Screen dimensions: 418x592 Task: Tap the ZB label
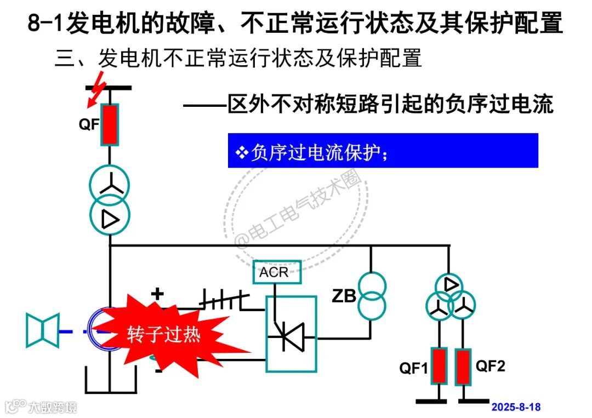[344, 296]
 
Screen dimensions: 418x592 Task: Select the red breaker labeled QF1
[439, 366]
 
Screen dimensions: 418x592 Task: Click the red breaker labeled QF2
[464, 366]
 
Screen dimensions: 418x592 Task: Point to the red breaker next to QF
[110, 124]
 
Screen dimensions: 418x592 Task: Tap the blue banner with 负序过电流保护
[383, 151]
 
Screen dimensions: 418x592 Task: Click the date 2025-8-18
[516, 407]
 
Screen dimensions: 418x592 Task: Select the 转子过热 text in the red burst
[164, 334]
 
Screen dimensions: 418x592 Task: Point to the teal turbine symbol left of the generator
[43, 330]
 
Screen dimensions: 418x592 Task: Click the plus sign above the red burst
[157, 294]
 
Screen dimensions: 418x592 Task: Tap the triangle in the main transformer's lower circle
[110, 219]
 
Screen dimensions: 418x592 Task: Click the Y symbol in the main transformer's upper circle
[110, 185]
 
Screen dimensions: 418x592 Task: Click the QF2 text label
[489, 366]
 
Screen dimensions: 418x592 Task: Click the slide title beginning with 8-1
[295, 24]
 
